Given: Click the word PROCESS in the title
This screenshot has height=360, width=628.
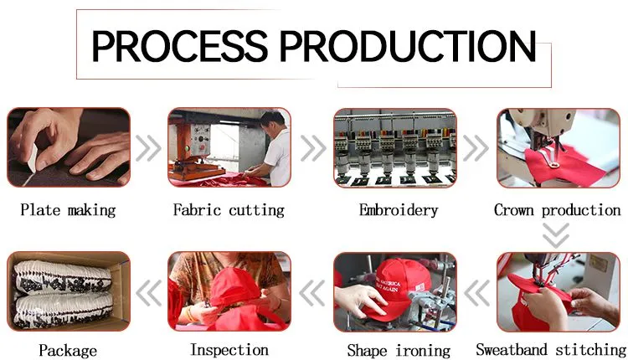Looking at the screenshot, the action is coord(180,45).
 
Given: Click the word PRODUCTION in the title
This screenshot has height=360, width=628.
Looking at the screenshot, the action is coord(407,45).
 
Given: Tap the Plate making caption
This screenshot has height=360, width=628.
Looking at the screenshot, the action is coord(68,210).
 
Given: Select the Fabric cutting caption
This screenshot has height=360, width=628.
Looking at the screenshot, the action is coord(229,210).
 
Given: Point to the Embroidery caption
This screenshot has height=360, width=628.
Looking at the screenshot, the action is coord(399,211).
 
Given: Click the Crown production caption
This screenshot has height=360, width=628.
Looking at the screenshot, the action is coord(558,210).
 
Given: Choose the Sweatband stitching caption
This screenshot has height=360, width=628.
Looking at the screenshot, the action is coord(551,350).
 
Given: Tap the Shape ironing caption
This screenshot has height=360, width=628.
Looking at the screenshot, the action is coord(399,351).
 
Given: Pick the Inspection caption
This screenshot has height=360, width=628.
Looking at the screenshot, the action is coord(229,350).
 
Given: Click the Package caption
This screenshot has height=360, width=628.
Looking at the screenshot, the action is coord(68,351).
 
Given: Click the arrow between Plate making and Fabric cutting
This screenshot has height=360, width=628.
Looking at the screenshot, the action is coord(148,148).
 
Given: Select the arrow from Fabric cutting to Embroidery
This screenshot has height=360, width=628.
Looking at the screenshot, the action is coord(314,148).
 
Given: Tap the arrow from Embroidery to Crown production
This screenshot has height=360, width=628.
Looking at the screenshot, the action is coord(476,148).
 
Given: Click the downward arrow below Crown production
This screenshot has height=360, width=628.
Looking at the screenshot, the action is coord(556,236).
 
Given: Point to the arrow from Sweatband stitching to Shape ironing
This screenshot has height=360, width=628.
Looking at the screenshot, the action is coord(476,293).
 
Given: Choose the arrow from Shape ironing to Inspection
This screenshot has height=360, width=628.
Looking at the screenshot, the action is coord(312,293).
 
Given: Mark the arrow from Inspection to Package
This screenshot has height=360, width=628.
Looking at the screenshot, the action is coord(148,293).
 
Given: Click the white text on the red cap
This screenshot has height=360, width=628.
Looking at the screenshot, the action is coord(388,282).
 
